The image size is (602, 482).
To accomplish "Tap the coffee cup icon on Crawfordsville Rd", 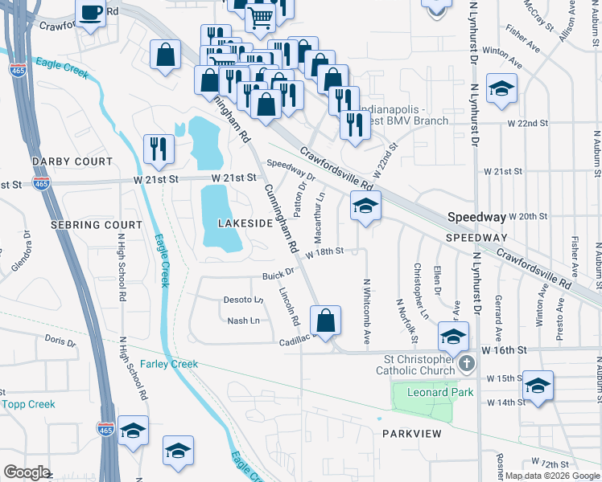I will point(90,12).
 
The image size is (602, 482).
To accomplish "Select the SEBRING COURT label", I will point(85,225).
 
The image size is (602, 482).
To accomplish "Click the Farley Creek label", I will point(169,364).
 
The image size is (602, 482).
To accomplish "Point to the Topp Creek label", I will point(29,404).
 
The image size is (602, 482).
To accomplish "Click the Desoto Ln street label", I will point(243,300).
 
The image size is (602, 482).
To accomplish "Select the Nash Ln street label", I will point(243,321).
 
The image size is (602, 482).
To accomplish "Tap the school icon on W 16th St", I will point(453,335).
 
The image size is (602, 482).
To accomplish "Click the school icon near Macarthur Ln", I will point(365,208).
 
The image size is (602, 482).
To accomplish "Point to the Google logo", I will point(27,472).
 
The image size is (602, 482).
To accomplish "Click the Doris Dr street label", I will point(60,341).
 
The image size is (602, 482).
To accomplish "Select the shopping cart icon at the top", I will point(260,16).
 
